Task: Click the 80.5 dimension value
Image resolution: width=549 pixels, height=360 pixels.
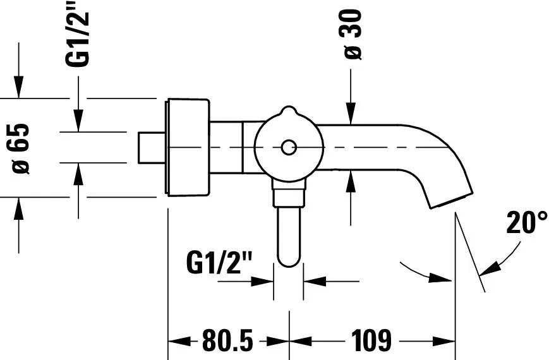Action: tap(227, 342)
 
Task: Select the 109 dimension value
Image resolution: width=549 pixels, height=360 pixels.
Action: tap(371, 342)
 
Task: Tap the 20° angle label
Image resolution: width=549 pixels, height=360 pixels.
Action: tap(526, 224)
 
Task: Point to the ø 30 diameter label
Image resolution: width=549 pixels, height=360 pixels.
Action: tap(353, 34)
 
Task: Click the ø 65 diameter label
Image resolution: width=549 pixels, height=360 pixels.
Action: tap(21, 148)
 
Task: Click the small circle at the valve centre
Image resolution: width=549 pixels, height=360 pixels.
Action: tap(288, 148)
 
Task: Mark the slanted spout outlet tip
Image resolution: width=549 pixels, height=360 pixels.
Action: tap(452, 198)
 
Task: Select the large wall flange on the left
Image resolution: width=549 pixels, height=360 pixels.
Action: tap(187, 147)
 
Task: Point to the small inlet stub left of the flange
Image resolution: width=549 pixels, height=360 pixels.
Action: tap(151, 147)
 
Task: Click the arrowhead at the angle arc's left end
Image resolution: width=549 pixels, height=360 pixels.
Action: tap(443, 279)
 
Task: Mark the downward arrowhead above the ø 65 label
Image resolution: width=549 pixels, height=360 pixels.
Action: tap(19, 88)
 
